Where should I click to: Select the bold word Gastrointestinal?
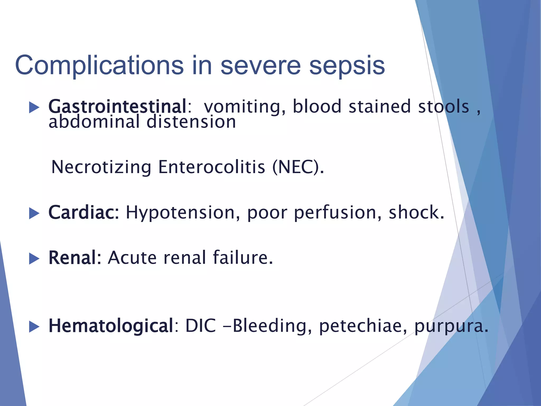pos(118,107)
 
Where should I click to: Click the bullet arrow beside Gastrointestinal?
pos(34,107)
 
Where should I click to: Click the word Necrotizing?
pos(101,167)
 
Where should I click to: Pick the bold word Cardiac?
pos(83,213)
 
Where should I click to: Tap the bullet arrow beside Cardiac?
pos(34,213)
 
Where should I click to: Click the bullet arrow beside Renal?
pos(34,259)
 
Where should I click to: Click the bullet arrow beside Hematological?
pos(34,327)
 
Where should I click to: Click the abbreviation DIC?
pos(201,326)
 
